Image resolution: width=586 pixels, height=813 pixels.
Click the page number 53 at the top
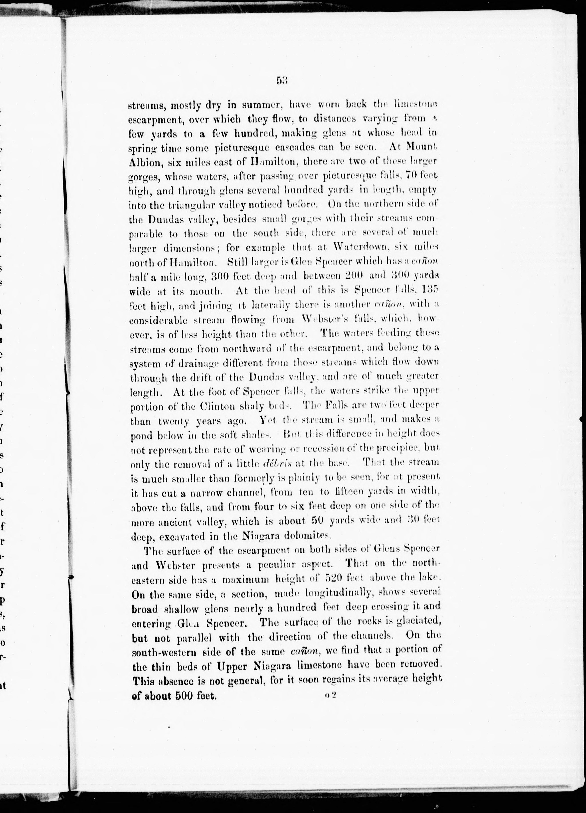(282, 81)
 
